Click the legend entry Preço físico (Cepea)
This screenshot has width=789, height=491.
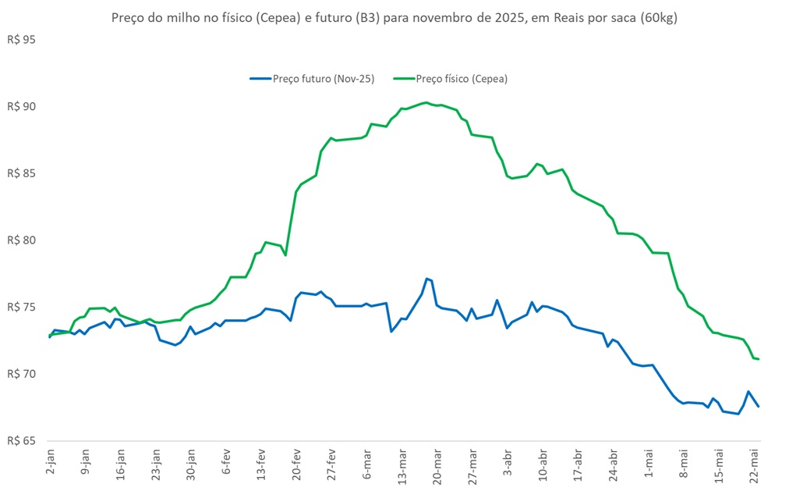point(462,79)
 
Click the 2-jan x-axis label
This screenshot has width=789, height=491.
point(51,466)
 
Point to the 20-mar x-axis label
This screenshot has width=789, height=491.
point(437,467)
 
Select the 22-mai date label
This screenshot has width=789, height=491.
point(754,467)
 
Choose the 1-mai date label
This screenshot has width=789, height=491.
point(649,466)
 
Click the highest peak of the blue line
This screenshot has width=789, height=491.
point(426,278)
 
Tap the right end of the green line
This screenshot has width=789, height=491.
point(759,359)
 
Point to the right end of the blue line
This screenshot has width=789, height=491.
point(759,406)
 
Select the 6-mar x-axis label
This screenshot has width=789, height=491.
point(366,467)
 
